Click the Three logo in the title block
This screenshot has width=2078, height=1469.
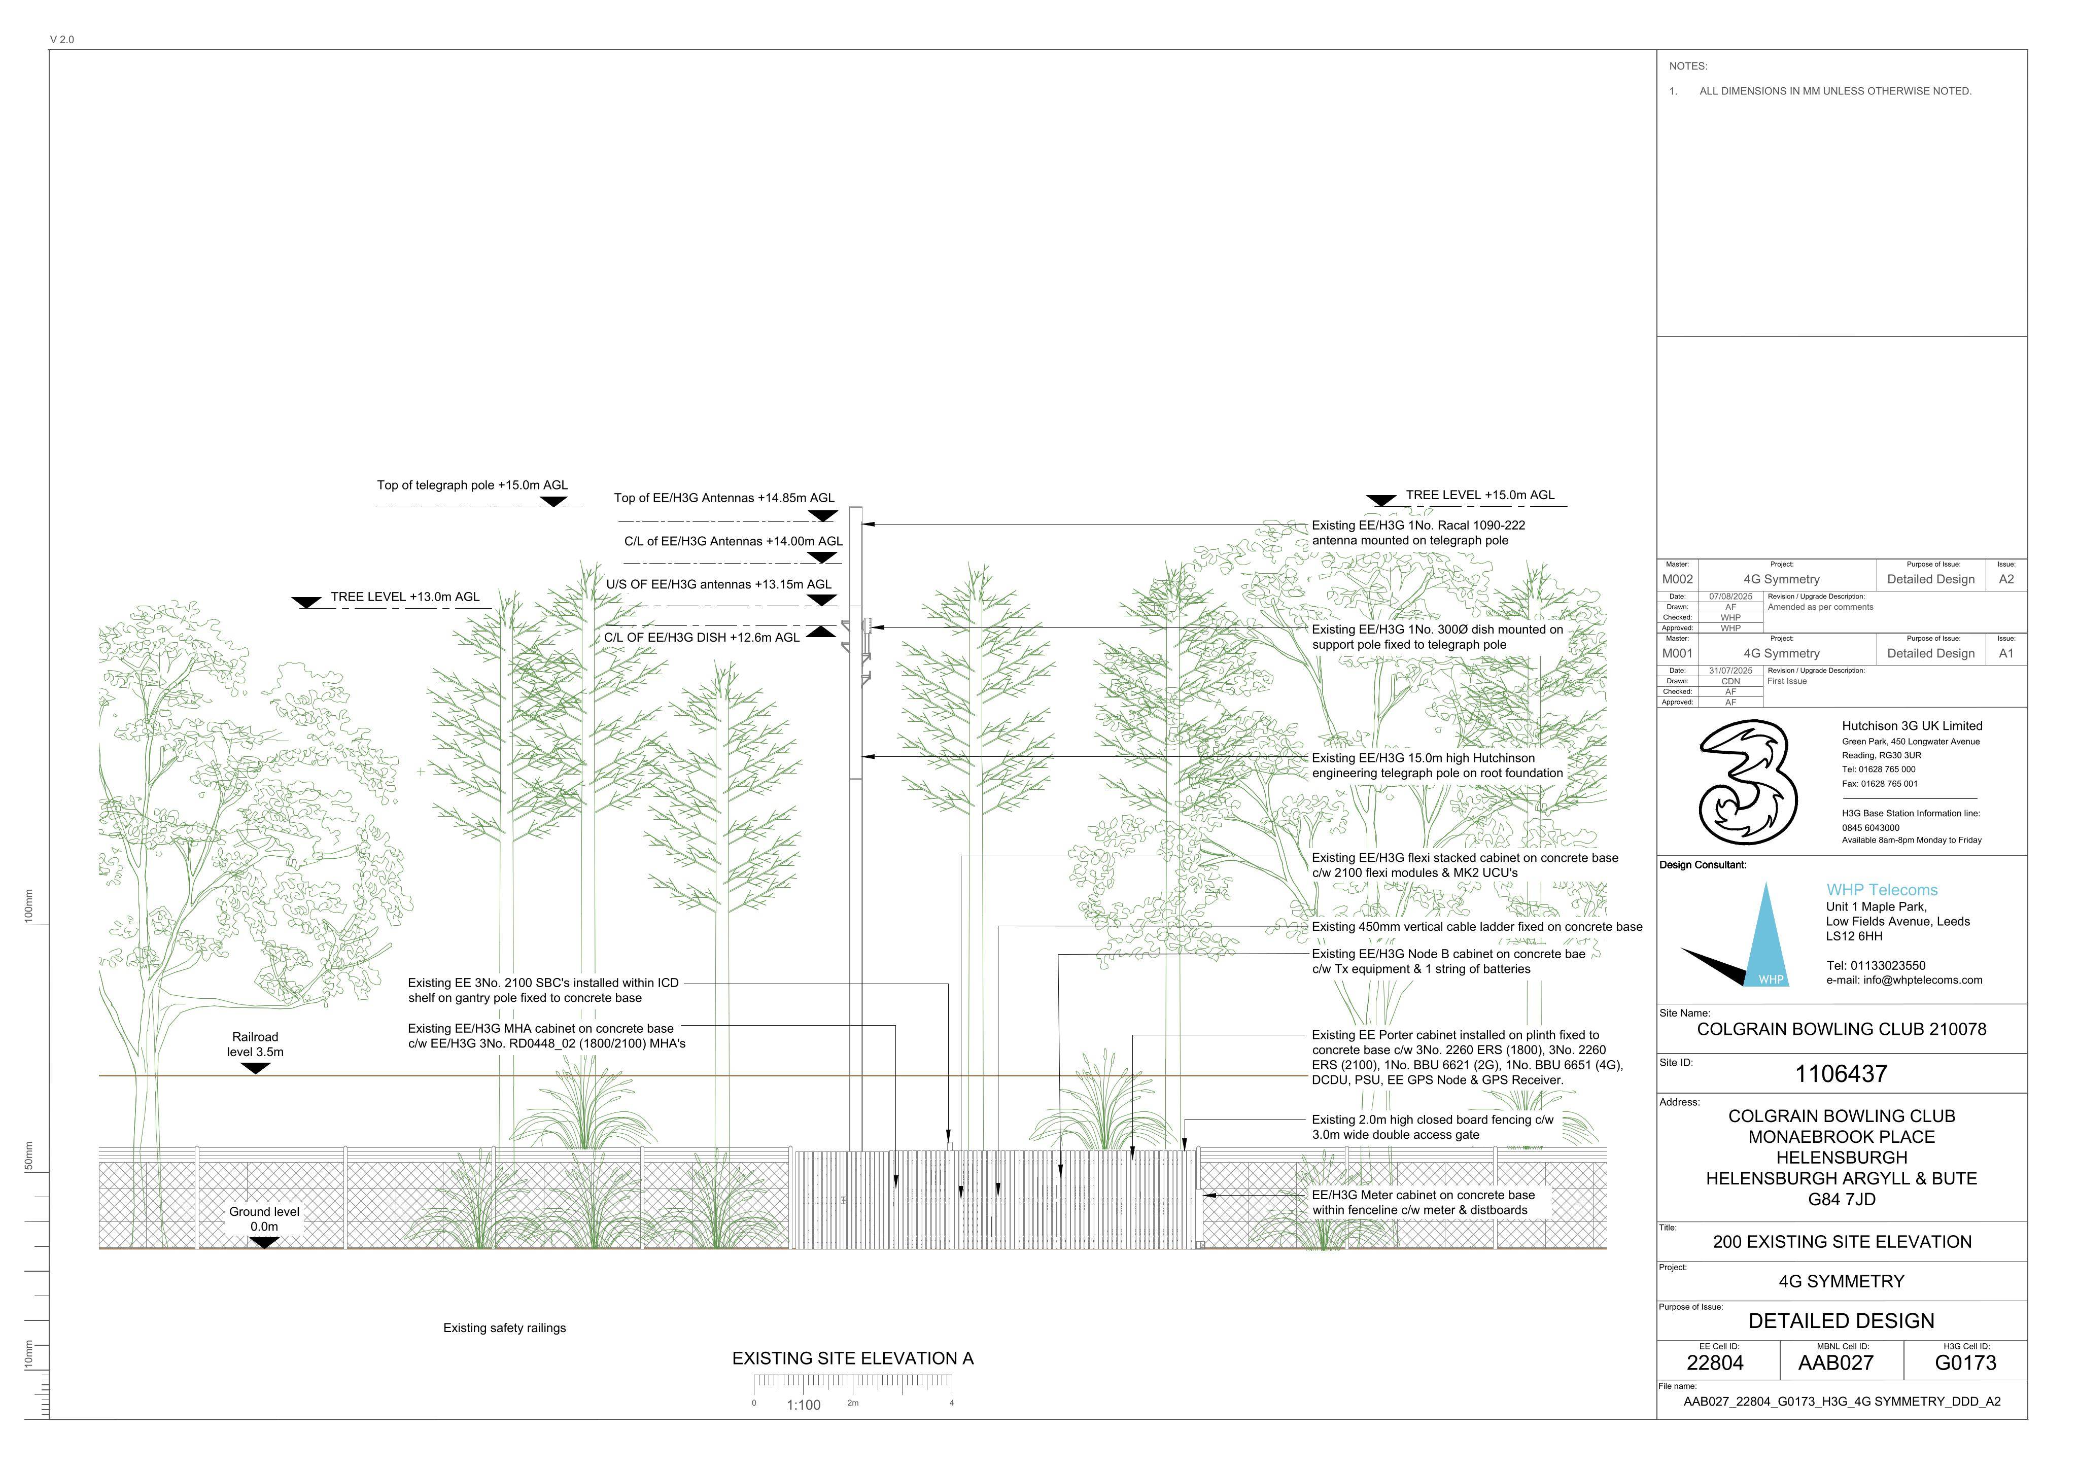1748,783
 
